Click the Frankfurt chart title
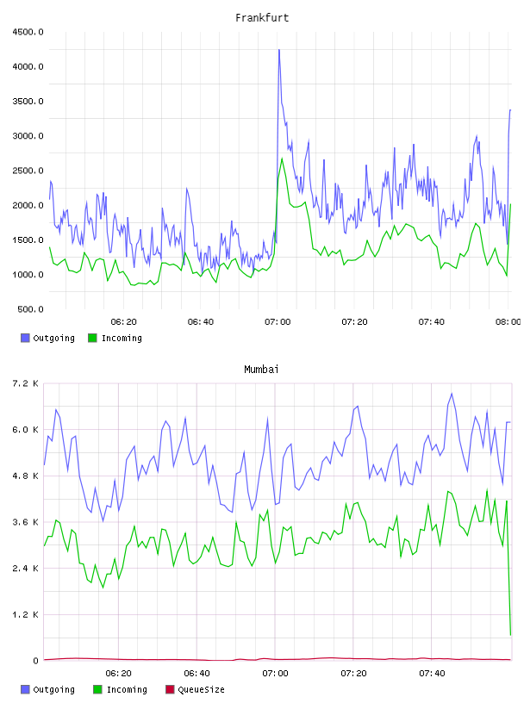[262, 18]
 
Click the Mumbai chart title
[261, 370]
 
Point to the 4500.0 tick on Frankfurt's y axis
[28, 32]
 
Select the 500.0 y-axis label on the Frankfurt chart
[30, 309]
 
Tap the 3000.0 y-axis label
[28, 136]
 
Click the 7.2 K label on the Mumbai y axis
[25, 383]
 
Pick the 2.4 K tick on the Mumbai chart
[25, 568]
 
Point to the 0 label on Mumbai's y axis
[35, 661]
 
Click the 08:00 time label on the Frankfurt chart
[508, 321]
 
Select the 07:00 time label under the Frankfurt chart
[278, 321]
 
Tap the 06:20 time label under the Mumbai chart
[118, 673]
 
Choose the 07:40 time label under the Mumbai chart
[432, 673]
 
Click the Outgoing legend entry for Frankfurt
[47, 338]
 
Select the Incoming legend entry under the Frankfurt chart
[115, 338]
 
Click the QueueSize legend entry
[195, 689]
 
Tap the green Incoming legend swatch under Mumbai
[97, 689]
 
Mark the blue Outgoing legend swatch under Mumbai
[25, 689]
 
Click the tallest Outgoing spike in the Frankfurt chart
[279, 50]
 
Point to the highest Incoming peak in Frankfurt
[282, 159]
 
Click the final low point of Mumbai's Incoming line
[510, 635]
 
